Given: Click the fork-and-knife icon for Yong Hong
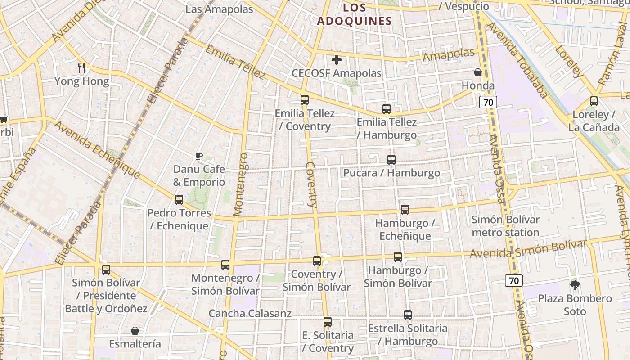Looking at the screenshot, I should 81,68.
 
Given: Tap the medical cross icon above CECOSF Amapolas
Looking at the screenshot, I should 337,60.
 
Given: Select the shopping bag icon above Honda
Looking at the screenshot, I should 478,72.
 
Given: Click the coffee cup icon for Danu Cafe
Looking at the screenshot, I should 199,156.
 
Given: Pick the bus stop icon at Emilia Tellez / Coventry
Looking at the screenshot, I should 305,100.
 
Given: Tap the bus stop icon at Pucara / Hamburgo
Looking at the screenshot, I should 391,160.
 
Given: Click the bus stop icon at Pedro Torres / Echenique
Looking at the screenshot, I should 179,200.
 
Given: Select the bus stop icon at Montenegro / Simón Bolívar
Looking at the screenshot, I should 225,265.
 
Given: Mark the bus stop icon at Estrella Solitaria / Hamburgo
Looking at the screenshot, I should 408,315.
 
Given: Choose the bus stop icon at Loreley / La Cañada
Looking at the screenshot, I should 594,101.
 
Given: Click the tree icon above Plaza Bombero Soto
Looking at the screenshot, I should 575,285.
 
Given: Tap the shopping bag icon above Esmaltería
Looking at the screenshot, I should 135,331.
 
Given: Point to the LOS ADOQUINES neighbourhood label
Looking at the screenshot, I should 355,14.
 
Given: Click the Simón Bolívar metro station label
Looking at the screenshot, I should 505,226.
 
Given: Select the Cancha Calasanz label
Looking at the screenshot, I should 250,314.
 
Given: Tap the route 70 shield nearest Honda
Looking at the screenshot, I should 488,103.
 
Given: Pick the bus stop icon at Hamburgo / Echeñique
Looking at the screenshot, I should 405,210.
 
